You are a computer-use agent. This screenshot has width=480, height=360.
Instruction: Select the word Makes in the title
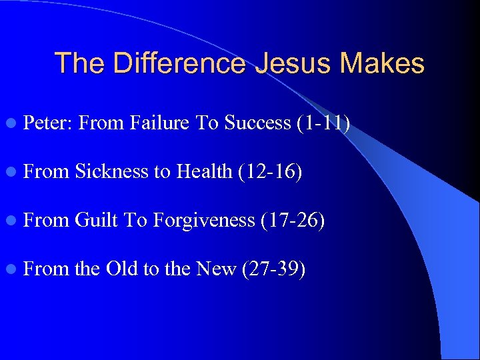pos(382,64)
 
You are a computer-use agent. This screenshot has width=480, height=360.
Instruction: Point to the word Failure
pos(161,123)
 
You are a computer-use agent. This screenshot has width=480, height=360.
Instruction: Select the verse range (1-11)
pos(324,123)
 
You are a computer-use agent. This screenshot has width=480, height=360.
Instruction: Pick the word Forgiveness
pos(204,221)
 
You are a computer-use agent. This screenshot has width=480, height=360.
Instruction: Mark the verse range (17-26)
pos(293,221)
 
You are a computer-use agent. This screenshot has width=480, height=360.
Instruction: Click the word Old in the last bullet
pos(121,269)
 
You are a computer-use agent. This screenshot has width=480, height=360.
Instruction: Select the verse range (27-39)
pos(274,269)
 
